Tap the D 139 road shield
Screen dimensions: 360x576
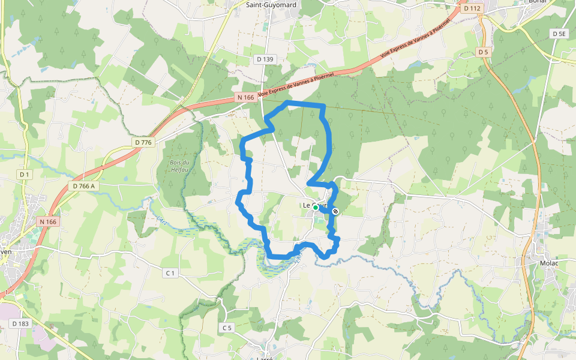point(265,59)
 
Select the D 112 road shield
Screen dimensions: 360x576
point(473,8)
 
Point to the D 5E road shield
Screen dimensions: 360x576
point(559,34)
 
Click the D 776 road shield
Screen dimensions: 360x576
point(144,142)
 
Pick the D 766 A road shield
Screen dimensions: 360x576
point(84,186)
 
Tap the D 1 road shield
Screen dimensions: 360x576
point(24,174)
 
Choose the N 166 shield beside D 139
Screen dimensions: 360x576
point(245,97)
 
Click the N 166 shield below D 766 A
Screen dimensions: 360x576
point(48,222)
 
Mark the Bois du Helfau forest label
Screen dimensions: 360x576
point(179,166)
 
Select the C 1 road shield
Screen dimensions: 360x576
point(171,273)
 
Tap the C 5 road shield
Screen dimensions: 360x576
point(227,328)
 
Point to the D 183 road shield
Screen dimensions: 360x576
point(20,324)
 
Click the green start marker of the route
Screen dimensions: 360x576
point(316,208)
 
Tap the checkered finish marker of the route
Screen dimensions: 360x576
point(335,211)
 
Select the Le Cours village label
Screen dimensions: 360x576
point(314,206)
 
